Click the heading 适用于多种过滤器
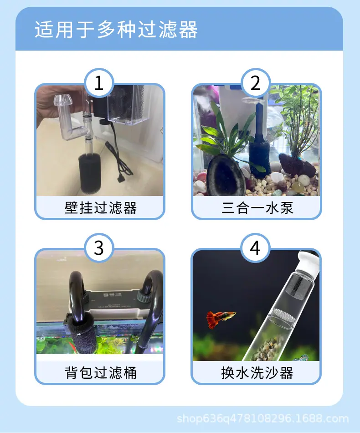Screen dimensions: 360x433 [116, 29]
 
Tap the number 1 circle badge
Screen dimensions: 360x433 [99, 83]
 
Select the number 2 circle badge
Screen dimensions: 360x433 [255, 83]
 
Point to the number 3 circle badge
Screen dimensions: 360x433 [99, 247]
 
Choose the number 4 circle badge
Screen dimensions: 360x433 [255, 247]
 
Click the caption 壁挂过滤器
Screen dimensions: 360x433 [101, 208]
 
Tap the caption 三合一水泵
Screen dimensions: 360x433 [257, 208]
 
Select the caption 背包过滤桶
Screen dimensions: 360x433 [101, 373]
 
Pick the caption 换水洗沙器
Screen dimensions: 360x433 [257, 373]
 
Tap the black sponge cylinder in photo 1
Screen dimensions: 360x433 [90, 173]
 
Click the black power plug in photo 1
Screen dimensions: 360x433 [121, 179]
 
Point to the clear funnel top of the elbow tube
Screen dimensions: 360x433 [63, 100]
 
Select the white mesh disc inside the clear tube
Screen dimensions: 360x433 [284, 315]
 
